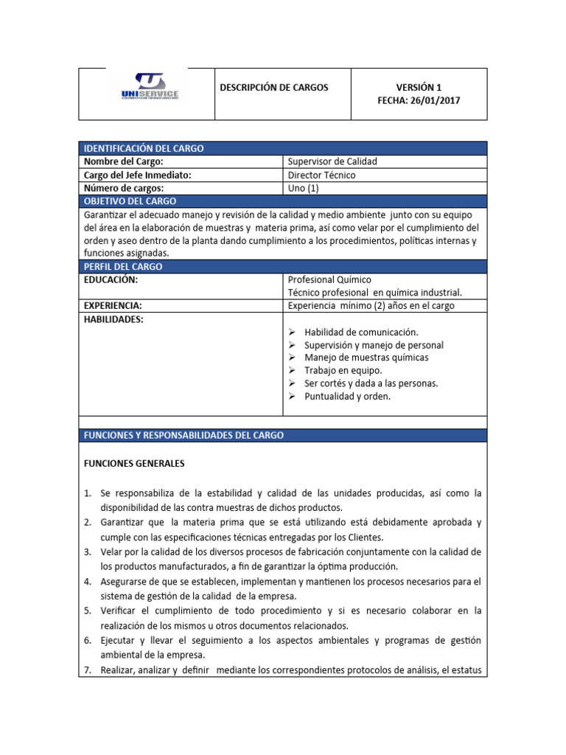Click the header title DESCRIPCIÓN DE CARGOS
pos(274,88)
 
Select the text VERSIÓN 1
pos(419,88)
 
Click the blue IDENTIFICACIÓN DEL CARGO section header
pos(144,148)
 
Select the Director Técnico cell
pos(321,175)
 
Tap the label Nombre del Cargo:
pos(123,161)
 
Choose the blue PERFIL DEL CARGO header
pos(123,266)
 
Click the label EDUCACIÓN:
pos(111,279)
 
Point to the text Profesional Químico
pos(329,279)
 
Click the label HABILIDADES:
pos(113,319)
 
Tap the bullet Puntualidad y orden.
pos(347,396)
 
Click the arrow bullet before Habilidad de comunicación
pos(292,332)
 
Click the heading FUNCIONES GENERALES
pos(134,464)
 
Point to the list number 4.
pos(86,582)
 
